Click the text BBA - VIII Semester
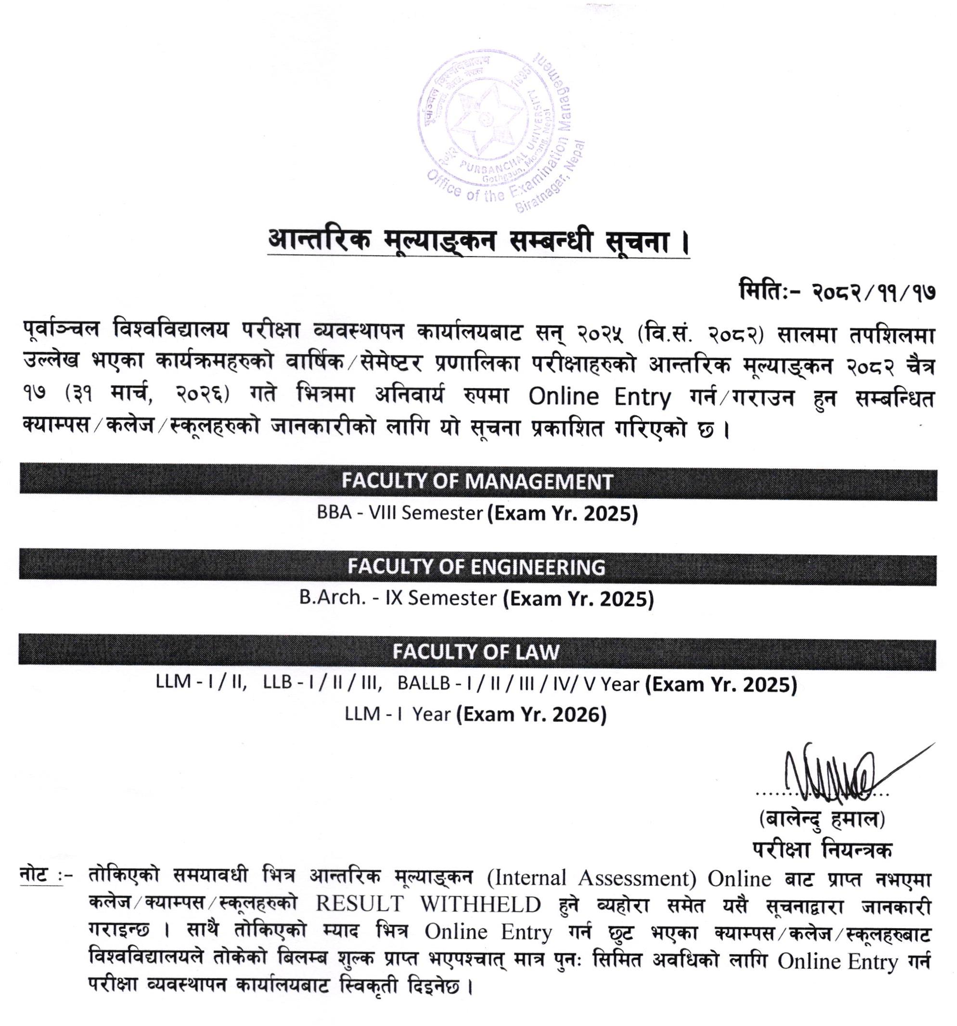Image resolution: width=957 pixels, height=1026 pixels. pyautogui.click(x=400, y=513)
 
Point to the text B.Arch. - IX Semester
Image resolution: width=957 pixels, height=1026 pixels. pyautogui.click(x=398, y=597)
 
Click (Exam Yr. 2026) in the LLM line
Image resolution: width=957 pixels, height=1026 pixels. pyautogui.click(x=531, y=714)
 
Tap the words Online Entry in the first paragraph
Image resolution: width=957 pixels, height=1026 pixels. pyautogui.click(x=599, y=397)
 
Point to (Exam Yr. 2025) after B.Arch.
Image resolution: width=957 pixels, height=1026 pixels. pyautogui.click(x=578, y=598)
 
